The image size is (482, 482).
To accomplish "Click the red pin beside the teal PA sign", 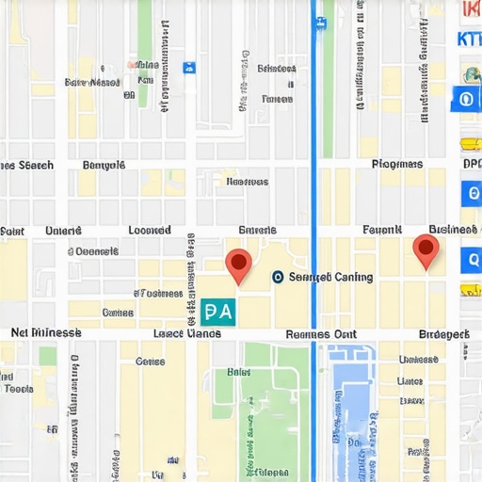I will (239, 264).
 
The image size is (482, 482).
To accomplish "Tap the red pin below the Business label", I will (426, 249).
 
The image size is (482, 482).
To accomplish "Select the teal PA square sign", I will (217, 313).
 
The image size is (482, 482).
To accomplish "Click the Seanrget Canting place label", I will (329, 277).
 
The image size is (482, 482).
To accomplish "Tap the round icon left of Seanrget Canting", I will (278, 277).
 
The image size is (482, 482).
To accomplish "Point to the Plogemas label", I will (396, 165).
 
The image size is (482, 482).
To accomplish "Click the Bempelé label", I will (104, 165).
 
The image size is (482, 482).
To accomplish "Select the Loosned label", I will (149, 230).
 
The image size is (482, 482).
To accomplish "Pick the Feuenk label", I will (382, 230).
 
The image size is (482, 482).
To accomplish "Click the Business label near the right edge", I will (453, 229).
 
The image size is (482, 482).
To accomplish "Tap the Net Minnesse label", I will (45, 333).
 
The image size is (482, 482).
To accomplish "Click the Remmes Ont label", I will (320, 334).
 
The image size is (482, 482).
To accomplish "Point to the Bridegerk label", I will (443, 334).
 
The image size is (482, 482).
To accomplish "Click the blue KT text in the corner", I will (467, 40).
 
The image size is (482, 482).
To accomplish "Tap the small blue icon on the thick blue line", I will (321, 22).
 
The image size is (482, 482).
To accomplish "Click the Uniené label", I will (64, 230).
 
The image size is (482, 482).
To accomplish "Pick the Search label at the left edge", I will (28, 165).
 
